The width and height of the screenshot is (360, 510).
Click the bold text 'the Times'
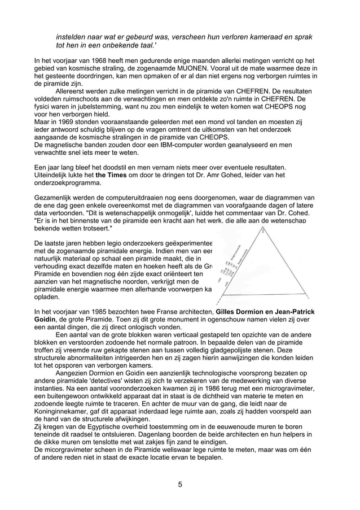tap(113, 175)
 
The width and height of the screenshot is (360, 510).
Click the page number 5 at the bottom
tap(179, 484)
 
